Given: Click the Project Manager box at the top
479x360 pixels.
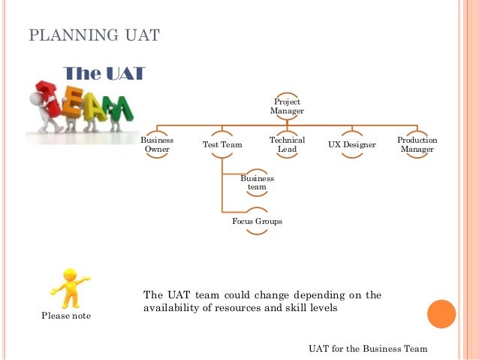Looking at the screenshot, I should pyautogui.click(x=287, y=106).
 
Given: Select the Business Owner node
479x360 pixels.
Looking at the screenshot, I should pyautogui.click(x=157, y=144).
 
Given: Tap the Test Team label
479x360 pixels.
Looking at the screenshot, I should pyautogui.click(x=221, y=144).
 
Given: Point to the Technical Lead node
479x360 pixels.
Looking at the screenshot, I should pyautogui.click(x=287, y=144).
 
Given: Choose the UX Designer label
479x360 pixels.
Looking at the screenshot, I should pyautogui.click(x=352, y=144).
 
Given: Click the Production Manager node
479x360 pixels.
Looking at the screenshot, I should pyautogui.click(x=417, y=144).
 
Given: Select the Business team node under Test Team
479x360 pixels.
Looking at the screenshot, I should pyautogui.click(x=257, y=183).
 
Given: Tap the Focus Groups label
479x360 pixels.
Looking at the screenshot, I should pyautogui.click(x=257, y=222).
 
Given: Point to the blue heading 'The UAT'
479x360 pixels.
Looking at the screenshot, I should pyautogui.click(x=104, y=73).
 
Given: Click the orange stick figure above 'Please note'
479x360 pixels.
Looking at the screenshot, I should pyautogui.click(x=68, y=287).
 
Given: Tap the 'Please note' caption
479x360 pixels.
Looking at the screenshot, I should pyautogui.click(x=65, y=316).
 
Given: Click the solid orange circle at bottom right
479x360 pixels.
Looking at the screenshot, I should pyautogui.click(x=441, y=314).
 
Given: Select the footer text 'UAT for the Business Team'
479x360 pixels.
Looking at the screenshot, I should pyautogui.click(x=368, y=349).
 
